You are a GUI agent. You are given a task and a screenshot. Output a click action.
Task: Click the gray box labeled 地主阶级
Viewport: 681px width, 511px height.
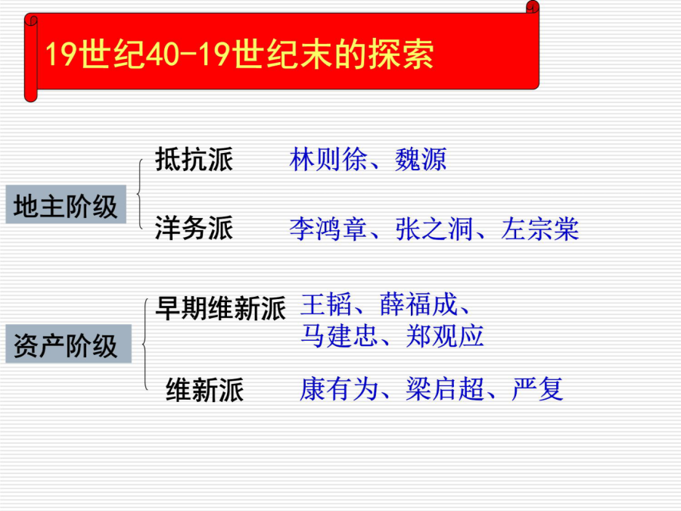66,204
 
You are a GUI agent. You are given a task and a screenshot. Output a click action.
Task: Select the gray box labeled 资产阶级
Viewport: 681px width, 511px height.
68,344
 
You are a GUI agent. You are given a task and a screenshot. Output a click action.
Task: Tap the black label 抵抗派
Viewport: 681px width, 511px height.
194,160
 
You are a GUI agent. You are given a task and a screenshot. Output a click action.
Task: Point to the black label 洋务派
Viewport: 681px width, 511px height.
194,228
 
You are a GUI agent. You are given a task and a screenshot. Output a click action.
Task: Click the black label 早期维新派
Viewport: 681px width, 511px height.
221,309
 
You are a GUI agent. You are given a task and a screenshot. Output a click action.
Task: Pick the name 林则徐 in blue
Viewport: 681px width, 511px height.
328,160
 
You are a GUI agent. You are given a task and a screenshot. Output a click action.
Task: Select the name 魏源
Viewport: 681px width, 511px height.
421,160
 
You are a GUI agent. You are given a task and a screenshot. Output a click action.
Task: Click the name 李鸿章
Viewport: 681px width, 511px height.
328,229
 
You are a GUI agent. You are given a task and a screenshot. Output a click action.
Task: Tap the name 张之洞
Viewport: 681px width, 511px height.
434,229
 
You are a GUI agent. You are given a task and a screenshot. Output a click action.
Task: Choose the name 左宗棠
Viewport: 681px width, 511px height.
540,229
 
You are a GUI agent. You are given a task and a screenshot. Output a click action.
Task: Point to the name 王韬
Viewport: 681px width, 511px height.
326,304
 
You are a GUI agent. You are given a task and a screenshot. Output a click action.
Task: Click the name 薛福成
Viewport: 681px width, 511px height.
418,304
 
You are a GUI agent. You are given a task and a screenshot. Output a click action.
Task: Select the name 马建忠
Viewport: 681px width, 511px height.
339,336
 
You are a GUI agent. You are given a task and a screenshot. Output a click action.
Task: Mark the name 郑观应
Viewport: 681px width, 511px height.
445,336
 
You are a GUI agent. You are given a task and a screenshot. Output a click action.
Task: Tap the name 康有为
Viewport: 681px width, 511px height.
339,388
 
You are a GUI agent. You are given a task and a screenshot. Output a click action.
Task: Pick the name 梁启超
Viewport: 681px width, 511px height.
445,388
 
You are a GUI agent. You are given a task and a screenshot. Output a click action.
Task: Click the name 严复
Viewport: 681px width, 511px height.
538,388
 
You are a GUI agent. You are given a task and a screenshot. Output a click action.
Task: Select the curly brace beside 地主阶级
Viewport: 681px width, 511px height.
138,193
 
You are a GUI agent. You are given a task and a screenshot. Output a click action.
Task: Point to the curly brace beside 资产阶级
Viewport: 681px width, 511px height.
144,344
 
